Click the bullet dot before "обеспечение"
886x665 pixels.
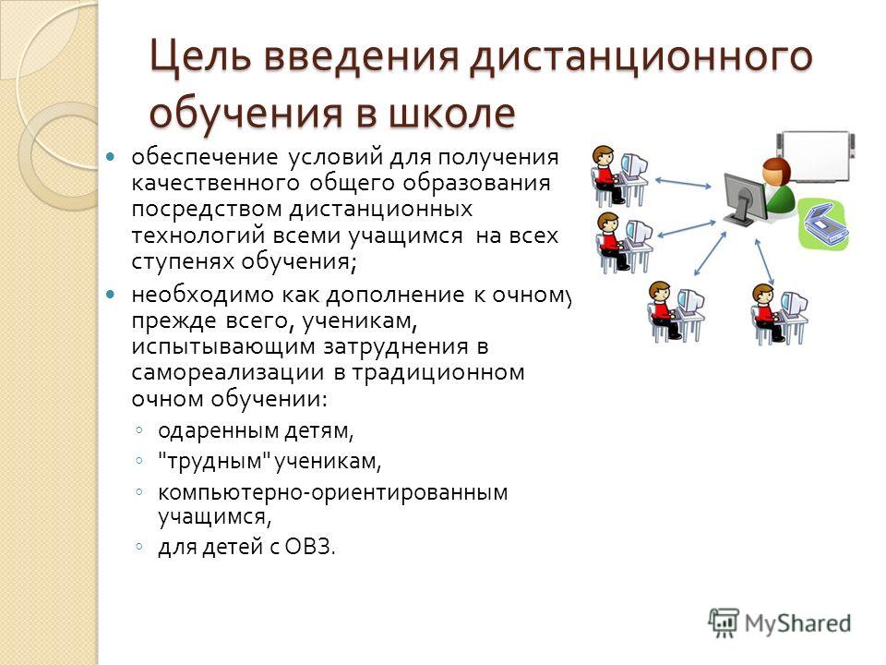tap(111, 157)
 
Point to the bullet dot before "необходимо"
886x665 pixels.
tap(111, 295)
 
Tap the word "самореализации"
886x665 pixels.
tap(228, 372)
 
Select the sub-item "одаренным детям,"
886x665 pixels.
tap(256, 431)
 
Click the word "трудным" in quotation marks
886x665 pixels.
tap(214, 462)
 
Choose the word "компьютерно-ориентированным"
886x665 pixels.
tap(333, 492)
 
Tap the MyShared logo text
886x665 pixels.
tap(797, 623)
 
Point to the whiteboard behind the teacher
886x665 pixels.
tap(817, 154)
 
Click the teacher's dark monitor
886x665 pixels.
tap(745, 199)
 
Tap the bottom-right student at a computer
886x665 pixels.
tap(779, 314)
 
